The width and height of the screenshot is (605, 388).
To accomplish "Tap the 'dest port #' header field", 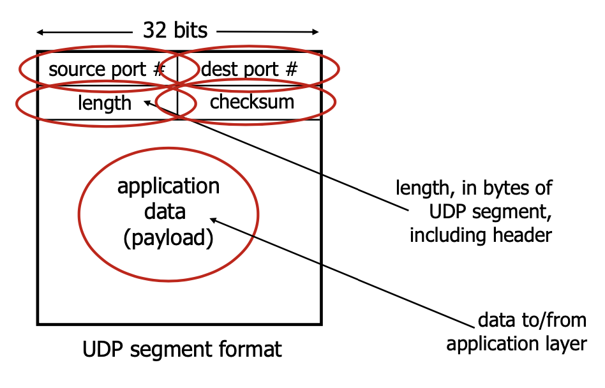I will click(x=249, y=69).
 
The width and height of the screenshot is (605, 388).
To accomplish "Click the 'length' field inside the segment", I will click(x=105, y=103).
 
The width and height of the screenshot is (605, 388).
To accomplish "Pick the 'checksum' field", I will click(x=252, y=101).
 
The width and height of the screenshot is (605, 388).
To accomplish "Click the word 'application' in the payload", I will click(x=168, y=186).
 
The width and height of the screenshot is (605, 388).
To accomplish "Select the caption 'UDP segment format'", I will click(x=182, y=350).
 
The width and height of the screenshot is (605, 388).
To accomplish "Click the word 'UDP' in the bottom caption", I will click(x=100, y=350).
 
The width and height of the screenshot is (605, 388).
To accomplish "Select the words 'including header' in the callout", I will click(x=481, y=235).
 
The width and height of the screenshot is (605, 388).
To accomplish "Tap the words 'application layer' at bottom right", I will click(x=516, y=343).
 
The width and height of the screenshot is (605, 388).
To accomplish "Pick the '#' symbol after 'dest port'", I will click(x=291, y=69).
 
